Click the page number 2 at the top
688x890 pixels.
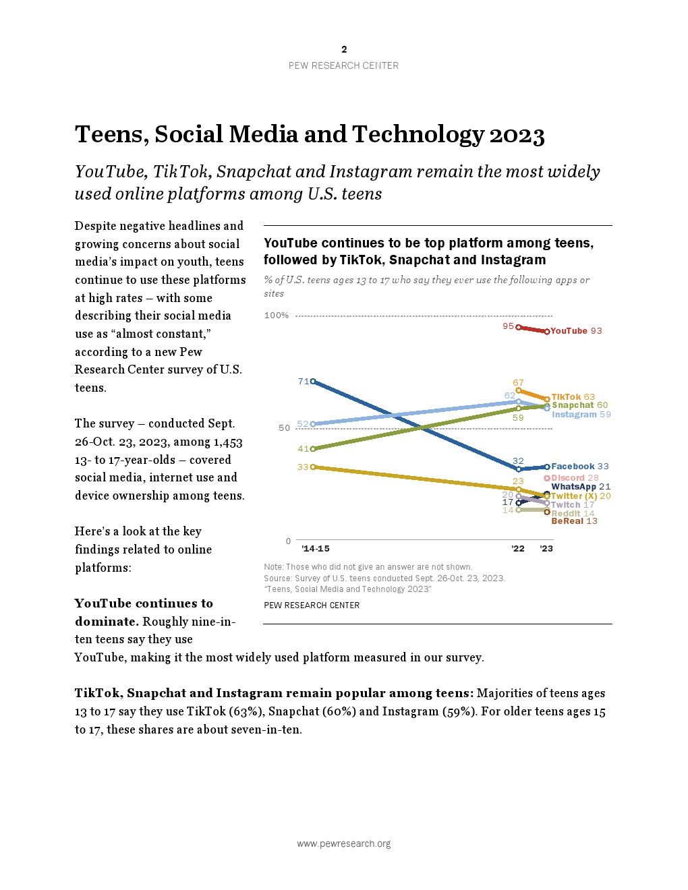coord(344,49)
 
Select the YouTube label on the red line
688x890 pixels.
coord(569,331)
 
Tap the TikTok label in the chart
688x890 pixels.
coord(566,397)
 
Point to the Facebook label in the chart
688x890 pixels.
coord(573,467)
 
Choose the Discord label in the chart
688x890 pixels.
coord(568,478)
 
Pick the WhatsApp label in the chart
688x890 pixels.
coord(573,487)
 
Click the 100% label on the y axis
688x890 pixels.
coord(277,316)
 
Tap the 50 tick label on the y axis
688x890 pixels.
coord(284,428)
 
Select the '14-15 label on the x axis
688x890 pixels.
coord(316,549)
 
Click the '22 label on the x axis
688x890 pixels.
coord(518,549)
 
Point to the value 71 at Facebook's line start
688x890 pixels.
coord(303,382)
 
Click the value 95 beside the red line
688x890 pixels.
coord(508,326)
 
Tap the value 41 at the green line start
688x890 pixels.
coord(303,449)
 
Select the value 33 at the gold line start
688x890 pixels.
coord(303,467)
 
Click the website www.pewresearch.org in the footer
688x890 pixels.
coord(344,844)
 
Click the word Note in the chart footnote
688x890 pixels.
coord(273,567)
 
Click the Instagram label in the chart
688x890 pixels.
coord(574,415)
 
